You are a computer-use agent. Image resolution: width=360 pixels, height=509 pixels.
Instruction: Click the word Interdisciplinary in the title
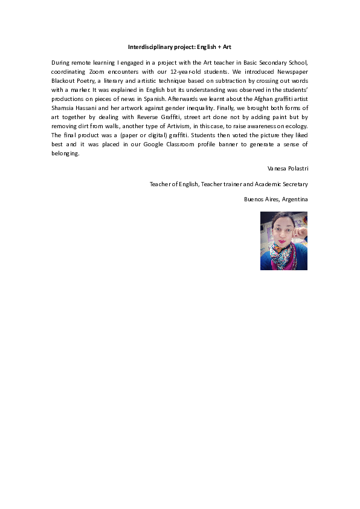click(x=150, y=47)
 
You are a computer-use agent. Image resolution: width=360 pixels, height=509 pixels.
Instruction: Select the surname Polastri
click(x=295, y=167)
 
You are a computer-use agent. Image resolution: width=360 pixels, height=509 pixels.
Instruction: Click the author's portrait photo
click(x=284, y=240)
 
